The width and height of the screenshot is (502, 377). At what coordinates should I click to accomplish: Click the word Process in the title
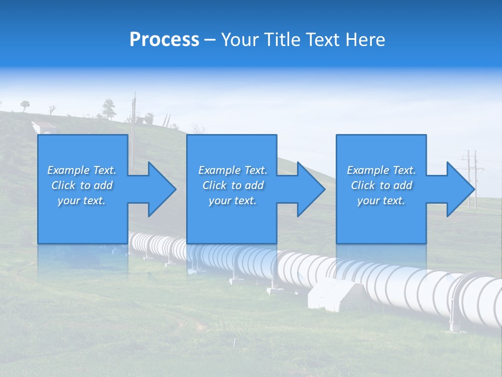click(164, 40)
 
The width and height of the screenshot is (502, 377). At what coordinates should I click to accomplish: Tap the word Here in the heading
click(364, 40)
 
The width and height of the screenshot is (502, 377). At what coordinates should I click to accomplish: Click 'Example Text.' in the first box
click(82, 170)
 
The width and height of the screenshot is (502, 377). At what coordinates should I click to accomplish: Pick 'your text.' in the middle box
click(232, 201)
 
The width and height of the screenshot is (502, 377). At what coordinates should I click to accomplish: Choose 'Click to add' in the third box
click(382, 185)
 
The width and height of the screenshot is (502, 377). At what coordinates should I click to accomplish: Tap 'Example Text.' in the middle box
click(233, 170)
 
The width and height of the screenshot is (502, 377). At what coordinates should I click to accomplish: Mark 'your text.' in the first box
click(82, 201)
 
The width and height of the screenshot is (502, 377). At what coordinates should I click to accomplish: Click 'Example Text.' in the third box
click(381, 170)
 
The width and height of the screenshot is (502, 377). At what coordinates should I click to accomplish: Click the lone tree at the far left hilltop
click(25, 105)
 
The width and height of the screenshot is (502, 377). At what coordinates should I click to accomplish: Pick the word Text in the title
click(323, 40)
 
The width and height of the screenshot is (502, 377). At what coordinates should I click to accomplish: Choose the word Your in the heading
click(241, 40)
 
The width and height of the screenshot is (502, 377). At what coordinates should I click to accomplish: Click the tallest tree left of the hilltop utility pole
click(109, 108)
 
